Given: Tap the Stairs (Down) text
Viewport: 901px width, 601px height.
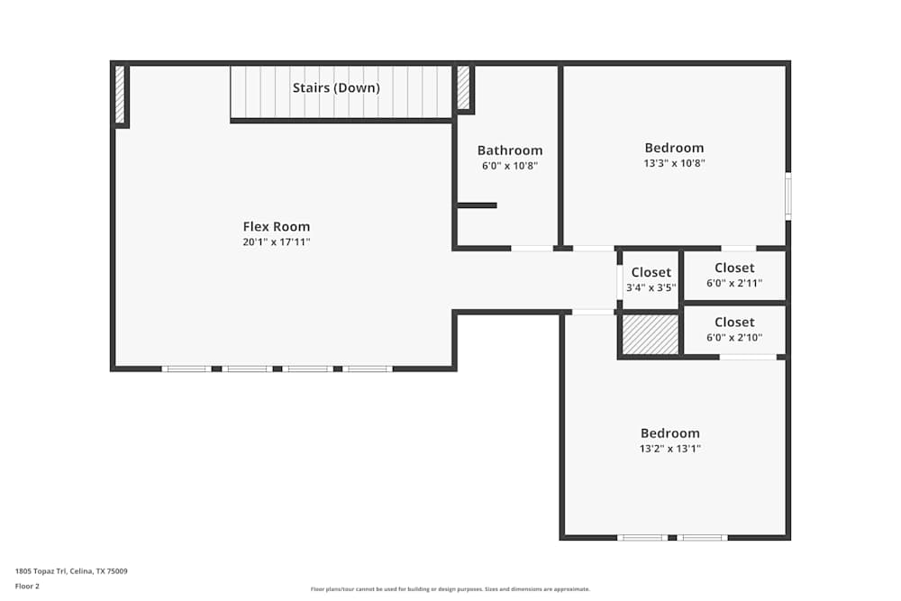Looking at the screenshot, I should point(336,88).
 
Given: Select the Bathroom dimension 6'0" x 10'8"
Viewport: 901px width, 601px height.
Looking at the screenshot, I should point(510,166).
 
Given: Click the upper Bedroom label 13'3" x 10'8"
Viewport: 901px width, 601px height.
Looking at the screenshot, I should point(674,149).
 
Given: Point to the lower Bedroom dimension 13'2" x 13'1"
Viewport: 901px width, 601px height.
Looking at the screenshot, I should point(670,448).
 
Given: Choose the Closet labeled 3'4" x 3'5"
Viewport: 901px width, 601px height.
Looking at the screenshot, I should point(651,273).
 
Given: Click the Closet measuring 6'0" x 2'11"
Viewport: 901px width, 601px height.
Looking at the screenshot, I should point(734,269).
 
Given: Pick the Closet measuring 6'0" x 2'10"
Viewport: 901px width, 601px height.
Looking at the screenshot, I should point(734,323).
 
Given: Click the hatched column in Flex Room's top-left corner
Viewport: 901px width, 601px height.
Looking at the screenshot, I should point(119,94).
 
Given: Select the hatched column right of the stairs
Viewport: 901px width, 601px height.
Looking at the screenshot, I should point(463,87).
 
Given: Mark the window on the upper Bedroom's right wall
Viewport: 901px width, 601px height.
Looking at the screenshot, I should point(788,196).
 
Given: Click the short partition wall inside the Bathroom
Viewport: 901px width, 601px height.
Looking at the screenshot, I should point(477,205).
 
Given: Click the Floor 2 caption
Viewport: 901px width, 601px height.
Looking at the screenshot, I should point(27,586).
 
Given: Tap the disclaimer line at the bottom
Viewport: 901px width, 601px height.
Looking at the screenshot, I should point(450,589).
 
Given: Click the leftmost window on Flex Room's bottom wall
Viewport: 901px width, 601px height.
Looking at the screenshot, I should point(187,369).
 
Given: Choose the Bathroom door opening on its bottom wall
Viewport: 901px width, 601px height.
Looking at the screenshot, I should point(532,248).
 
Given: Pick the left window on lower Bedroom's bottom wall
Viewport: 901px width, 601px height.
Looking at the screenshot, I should point(642,538).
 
